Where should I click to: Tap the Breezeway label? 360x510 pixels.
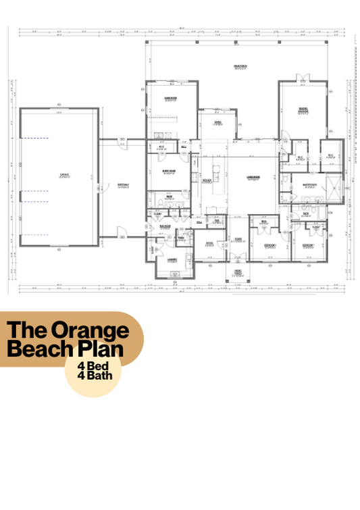[122, 186]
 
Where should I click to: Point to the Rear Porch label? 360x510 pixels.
[238, 67]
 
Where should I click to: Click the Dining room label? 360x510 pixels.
[217, 122]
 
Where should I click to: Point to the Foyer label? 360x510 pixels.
[238, 238]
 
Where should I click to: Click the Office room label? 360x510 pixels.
[209, 243]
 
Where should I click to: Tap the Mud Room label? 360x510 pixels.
[164, 226]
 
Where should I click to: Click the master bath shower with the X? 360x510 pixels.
[333, 186]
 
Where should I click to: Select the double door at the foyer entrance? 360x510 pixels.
[238, 257]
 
